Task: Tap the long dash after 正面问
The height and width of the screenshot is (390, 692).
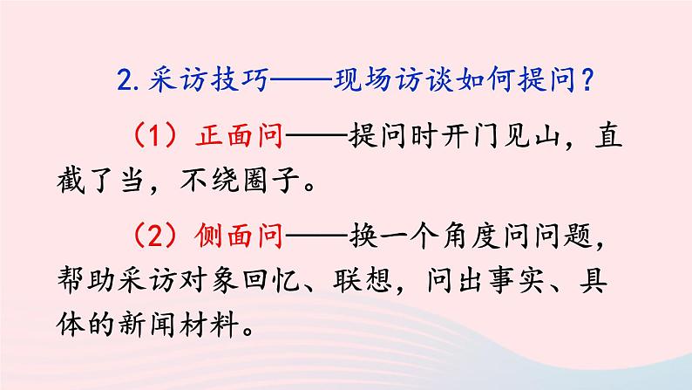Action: (315, 138)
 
